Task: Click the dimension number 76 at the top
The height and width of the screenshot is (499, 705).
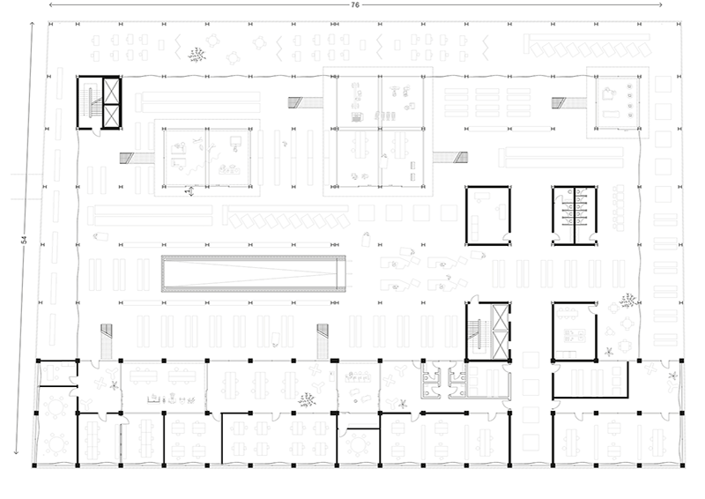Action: click(x=355, y=5)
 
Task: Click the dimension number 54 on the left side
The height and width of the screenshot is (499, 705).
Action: click(x=25, y=240)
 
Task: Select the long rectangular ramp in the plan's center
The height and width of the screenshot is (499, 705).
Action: click(x=254, y=273)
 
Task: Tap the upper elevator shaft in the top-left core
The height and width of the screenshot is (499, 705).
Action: click(x=112, y=91)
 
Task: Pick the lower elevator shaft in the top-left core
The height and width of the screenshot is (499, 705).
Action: click(x=112, y=116)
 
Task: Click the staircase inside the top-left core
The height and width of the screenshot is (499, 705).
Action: click(x=92, y=103)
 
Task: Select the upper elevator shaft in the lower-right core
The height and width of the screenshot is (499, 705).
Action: click(x=501, y=317)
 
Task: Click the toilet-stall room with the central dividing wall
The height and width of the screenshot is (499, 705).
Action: click(x=575, y=215)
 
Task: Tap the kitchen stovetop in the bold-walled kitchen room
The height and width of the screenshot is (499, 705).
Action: click(x=575, y=334)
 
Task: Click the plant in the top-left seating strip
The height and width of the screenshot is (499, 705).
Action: click(x=197, y=55)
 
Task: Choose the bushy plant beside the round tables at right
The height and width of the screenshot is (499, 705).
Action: click(x=627, y=301)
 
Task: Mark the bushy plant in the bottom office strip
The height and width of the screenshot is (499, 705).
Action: click(x=307, y=399)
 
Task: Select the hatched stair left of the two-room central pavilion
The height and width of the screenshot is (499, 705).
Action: click(x=137, y=159)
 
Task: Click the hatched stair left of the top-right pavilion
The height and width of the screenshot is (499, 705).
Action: click(x=568, y=103)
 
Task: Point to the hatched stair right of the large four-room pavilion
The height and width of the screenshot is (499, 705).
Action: click(x=450, y=158)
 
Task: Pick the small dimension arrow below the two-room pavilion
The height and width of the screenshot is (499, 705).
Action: click(x=190, y=191)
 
